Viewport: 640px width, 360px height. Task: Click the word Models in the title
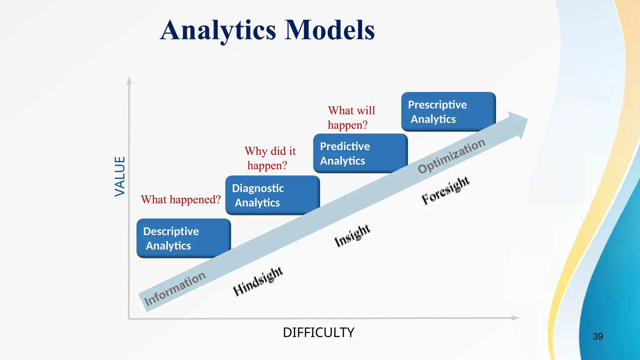click(x=330, y=30)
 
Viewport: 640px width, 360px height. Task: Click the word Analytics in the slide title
click(x=218, y=30)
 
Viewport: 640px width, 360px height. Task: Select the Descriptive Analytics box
click(x=183, y=238)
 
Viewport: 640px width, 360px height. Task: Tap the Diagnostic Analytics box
click(x=272, y=195)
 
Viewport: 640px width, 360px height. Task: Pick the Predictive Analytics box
click(x=360, y=153)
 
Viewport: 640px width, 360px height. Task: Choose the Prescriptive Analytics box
click(x=448, y=112)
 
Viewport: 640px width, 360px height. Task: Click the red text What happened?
click(x=181, y=199)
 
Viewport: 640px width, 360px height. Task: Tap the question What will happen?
click(x=351, y=117)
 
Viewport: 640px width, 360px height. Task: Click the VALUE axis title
click(x=120, y=177)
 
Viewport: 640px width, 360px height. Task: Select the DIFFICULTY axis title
click(x=318, y=332)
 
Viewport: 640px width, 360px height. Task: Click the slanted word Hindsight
click(x=258, y=281)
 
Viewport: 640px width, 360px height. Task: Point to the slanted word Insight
click(x=352, y=236)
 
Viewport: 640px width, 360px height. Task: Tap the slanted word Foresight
click(x=445, y=190)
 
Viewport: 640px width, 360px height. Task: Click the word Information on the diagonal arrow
click(x=174, y=288)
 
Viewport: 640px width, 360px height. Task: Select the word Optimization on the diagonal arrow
click(x=451, y=156)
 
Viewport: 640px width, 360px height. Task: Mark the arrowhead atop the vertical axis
click(x=129, y=81)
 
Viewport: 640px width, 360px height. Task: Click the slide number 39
click(x=597, y=337)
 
